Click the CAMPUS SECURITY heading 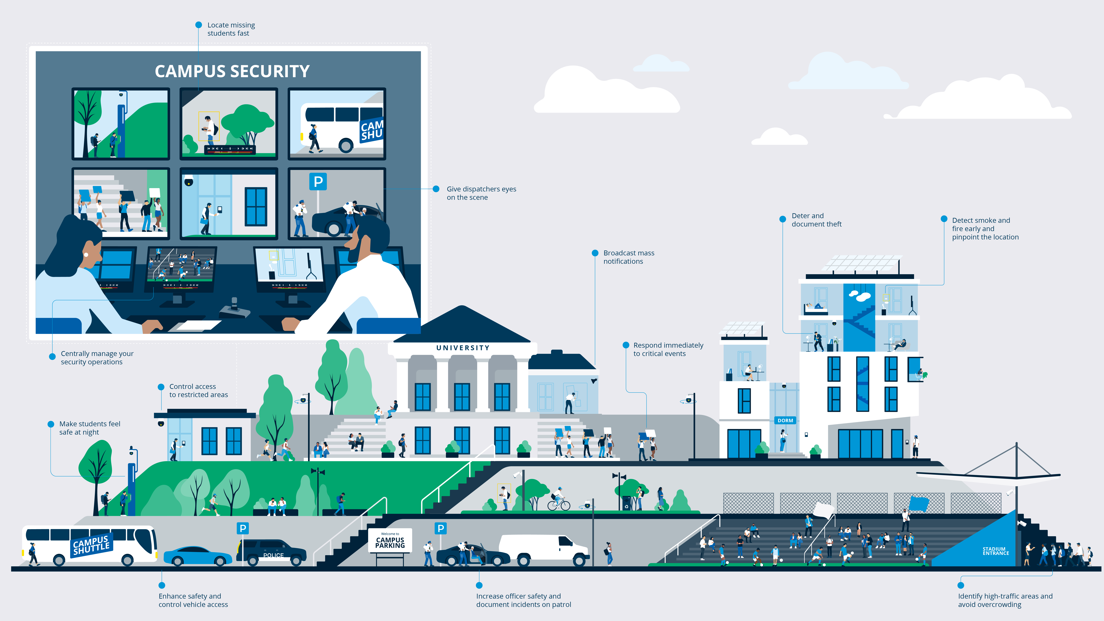(232, 71)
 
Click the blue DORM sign (785, 420)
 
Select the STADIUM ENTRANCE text (996, 551)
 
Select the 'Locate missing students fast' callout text (231, 29)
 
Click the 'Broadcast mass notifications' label (629, 257)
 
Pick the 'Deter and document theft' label (816, 220)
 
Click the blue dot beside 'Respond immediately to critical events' (626, 345)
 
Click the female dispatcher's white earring (86, 255)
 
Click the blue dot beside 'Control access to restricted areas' (161, 387)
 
